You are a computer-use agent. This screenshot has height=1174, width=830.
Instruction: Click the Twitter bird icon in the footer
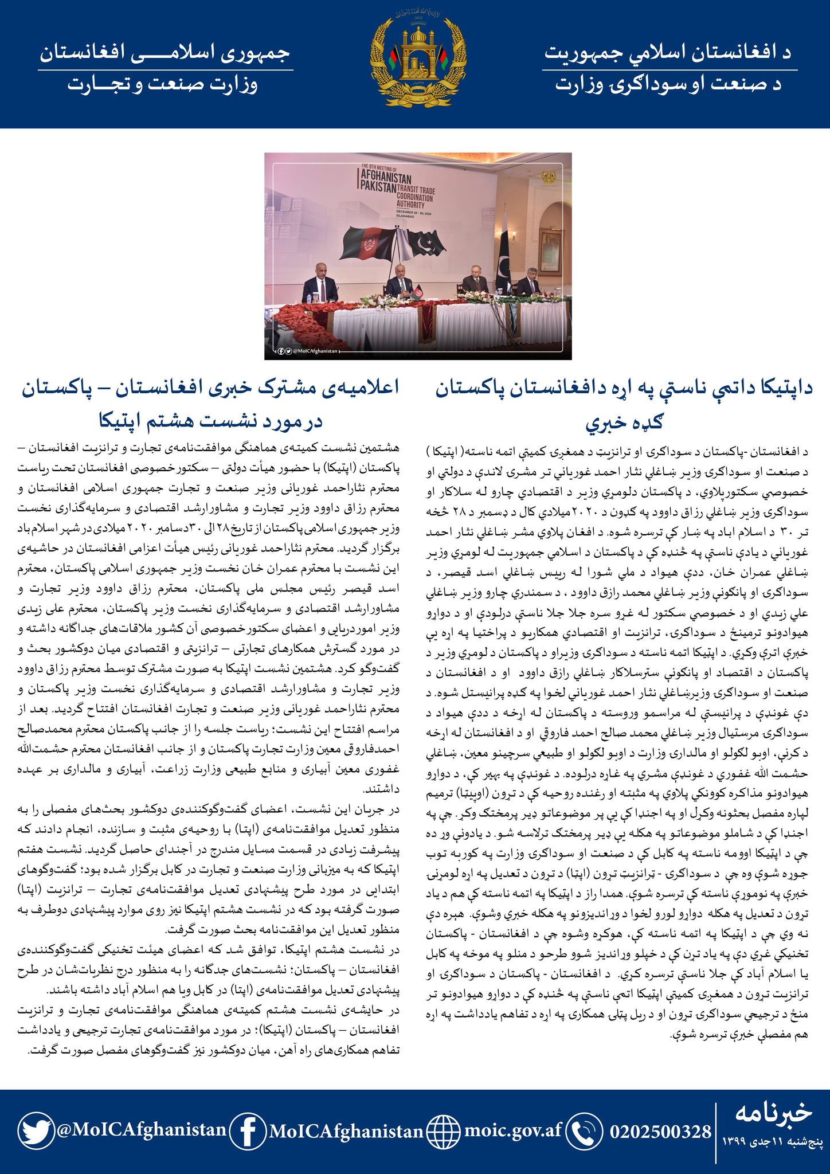click(x=36, y=1130)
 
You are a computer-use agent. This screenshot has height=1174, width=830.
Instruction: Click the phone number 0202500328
click(x=660, y=1132)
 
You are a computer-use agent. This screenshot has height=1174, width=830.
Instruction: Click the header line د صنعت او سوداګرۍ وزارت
click(x=668, y=85)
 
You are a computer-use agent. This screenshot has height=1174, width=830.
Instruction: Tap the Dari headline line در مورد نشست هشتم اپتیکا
click(x=211, y=422)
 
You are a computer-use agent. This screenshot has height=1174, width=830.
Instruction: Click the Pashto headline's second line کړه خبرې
click(x=624, y=422)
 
